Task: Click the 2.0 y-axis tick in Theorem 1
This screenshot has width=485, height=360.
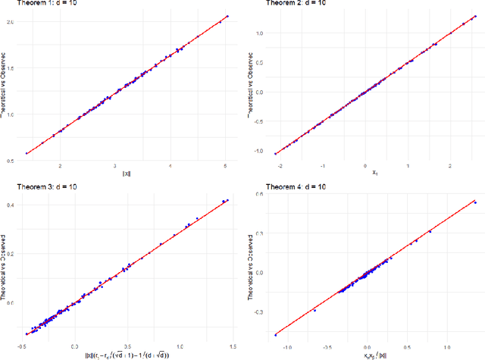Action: pos(10,21)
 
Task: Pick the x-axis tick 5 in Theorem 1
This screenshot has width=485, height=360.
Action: pos(226,164)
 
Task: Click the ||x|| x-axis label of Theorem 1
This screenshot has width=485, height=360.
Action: pos(126,174)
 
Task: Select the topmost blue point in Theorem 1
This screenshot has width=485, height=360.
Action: pos(227,16)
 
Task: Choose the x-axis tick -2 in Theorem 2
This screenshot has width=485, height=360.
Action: pos(280,164)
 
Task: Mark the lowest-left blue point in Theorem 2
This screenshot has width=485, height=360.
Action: pos(276,153)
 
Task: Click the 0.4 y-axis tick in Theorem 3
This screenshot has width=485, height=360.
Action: pos(10,205)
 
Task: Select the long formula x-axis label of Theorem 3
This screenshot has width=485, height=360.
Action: pos(126,354)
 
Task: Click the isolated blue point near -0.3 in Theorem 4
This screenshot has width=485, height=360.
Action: pos(314,310)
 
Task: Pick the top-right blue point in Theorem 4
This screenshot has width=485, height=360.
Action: pos(475,202)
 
